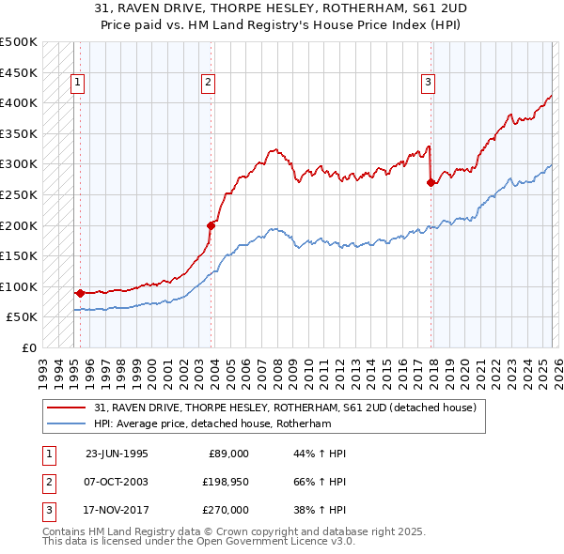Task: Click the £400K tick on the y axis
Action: coord(19,102)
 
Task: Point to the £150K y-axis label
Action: coord(19,255)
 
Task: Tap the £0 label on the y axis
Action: coord(28,347)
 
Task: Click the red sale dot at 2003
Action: coord(211,225)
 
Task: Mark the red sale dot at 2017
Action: coord(431,183)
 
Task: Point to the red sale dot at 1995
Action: coord(80,293)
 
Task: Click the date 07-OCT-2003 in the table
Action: coord(117,481)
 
